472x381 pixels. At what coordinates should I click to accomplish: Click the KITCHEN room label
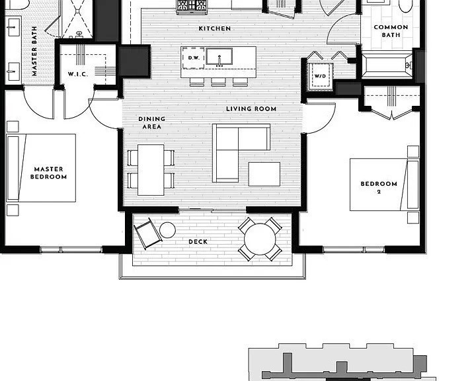215,28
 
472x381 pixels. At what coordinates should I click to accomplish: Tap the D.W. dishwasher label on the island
194,58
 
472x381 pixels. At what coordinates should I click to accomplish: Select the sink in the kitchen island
219,56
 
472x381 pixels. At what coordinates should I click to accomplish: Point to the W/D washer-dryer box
320,77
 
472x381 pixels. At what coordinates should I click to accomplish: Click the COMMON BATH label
391,31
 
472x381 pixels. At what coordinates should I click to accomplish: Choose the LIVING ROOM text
251,108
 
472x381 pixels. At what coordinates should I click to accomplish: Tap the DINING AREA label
152,122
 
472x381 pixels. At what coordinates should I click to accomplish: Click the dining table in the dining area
151,170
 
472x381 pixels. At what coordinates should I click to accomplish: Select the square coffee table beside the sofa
264,174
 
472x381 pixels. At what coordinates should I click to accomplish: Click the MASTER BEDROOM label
48,173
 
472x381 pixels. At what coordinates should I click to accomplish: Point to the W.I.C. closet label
78,74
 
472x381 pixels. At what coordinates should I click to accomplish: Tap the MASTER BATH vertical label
34,51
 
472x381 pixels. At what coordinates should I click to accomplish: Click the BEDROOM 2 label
379,187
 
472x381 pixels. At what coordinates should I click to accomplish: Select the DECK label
198,242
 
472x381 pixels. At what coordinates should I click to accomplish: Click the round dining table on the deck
260,239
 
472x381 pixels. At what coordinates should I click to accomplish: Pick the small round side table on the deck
167,230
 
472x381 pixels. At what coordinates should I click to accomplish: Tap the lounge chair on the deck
147,233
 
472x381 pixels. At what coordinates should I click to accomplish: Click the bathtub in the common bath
387,65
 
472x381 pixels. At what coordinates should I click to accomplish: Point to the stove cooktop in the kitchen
192,6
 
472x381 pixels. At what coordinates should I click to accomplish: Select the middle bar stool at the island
219,82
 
